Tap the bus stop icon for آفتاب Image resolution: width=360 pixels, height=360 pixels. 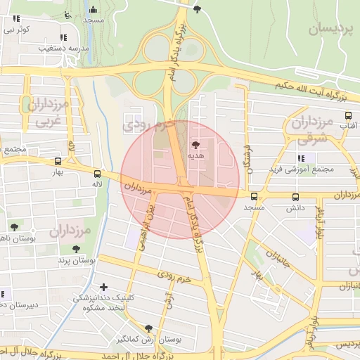coord(347,116)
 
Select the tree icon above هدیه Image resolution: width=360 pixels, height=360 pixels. coord(195,143)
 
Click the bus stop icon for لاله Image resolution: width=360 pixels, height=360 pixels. coord(97,174)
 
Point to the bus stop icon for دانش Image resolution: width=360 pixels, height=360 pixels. coord(295,198)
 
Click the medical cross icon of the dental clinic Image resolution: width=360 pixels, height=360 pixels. coord(104,287)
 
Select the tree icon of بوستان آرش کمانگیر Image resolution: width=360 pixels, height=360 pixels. coord(148,328)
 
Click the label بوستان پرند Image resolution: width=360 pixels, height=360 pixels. coord(77,260)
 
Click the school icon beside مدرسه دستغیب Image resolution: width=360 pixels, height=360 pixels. coord(64,37)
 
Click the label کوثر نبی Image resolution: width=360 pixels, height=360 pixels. coord(18,30)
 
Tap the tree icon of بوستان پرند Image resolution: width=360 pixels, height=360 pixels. coord(76,249)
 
